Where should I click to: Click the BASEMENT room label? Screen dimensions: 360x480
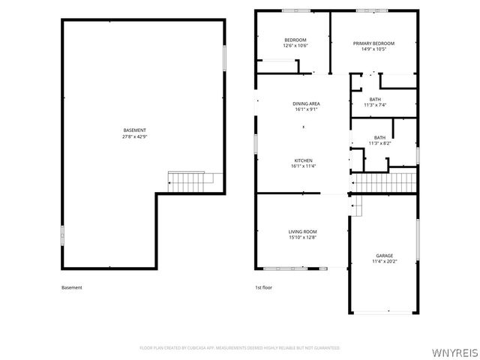click(135, 130)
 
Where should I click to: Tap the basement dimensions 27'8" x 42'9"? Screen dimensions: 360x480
click(135, 136)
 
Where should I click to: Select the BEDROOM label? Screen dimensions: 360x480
click(295, 40)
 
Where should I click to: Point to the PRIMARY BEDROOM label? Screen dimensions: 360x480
click(373, 43)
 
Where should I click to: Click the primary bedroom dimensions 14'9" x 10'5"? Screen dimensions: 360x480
click(373, 49)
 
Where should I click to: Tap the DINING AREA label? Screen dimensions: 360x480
click(306, 103)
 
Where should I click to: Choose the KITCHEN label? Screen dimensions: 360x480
click(303, 160)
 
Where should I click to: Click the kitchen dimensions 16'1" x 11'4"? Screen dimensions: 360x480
click(303, 166)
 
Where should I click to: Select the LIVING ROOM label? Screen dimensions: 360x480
click(303, 232)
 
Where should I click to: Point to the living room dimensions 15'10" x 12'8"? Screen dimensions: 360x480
click(303, 238)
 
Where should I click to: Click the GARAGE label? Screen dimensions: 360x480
click(384, 256)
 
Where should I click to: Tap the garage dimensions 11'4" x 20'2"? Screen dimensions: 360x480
click(384, 262)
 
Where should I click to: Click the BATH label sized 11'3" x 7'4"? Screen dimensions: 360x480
click(375, 99)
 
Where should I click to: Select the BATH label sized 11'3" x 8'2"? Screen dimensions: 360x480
click(379, 137)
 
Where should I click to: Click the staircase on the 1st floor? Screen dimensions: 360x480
click(385, 182)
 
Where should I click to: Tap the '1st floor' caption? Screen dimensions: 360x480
click(262, 287)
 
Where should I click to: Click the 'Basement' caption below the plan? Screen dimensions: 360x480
click(71, 287)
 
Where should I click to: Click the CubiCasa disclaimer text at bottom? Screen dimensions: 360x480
click(239, 348)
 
